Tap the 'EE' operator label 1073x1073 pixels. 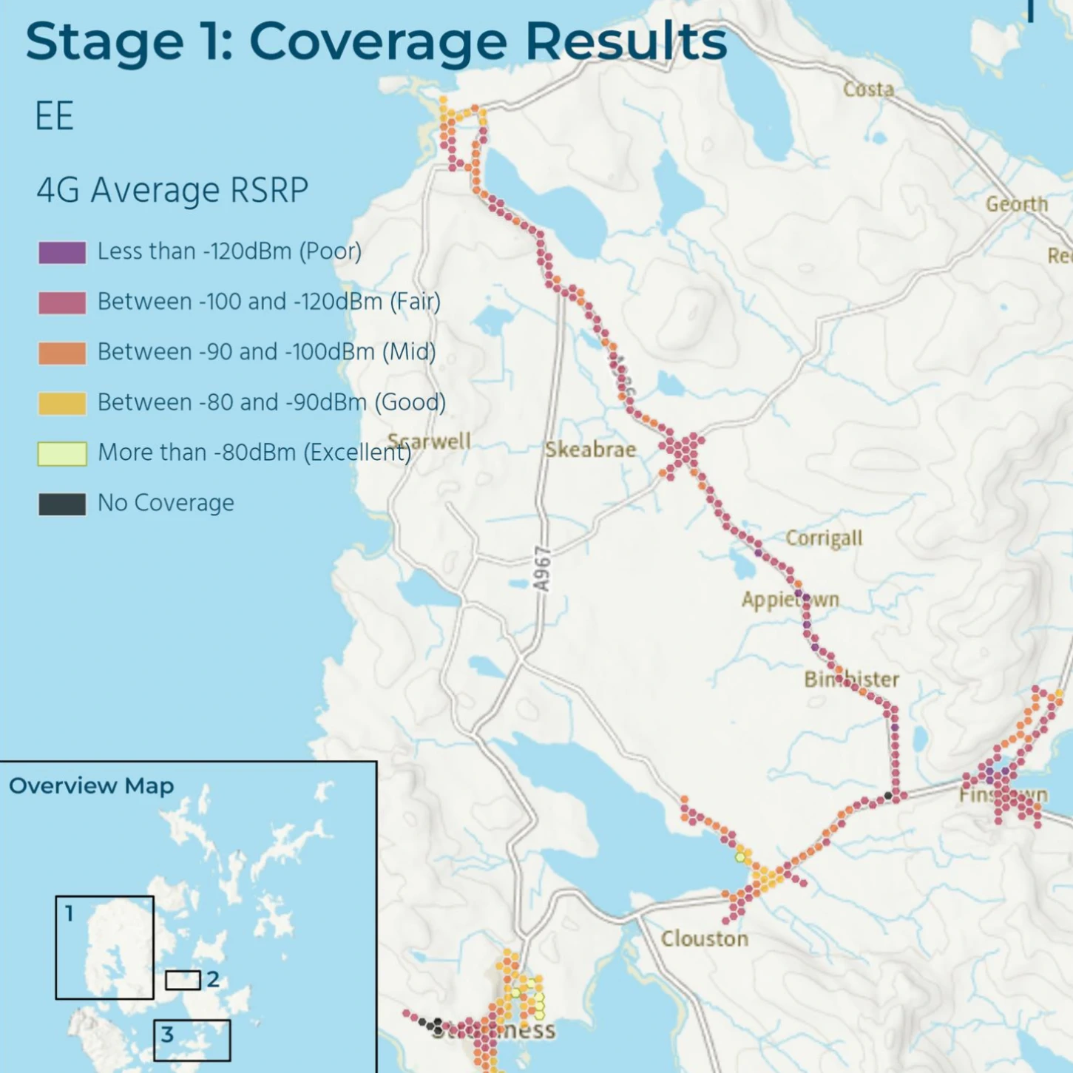click(x=54, y=117)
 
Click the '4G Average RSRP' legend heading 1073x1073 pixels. click(x=172, y=191)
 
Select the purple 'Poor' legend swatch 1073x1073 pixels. click(x=62, y=252)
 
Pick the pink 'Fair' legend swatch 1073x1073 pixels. click(x=62, y=302)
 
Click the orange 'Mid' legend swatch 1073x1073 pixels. click(x=62, y=353)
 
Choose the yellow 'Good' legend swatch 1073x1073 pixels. click(x=62, y=403)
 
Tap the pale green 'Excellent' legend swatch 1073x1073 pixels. click(x=62, y=453)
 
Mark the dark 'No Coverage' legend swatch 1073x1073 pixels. click(x=62, y=504)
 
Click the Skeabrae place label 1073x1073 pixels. click(x=590, y=450)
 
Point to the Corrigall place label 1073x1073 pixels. click(x=824, y=538)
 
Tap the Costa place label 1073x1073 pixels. click(x=868, y=89)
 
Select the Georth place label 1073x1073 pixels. click(x=1017, y=204)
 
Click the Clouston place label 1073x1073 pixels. click(x=704, y=939)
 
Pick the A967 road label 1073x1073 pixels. click(x=543, y=569)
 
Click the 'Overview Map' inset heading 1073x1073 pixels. click(x=91, y=785)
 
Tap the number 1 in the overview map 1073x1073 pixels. click(x=70, y=914)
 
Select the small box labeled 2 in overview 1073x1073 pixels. click(x=183, y=980)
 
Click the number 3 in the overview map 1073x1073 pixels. click(x=167, y=1034)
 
